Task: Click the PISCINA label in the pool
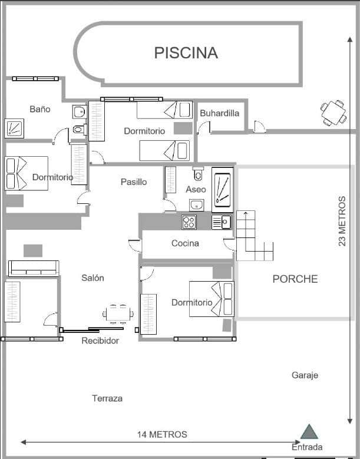186,52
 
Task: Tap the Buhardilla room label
219,113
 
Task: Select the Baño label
40,109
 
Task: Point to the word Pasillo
134,182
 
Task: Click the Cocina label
185,243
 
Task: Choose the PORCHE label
295,279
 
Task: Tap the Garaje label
305,375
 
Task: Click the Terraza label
107,399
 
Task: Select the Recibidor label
100,341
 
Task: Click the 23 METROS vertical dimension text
342,221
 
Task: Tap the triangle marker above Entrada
309,432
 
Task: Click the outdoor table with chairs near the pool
333,113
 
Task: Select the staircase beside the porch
253,236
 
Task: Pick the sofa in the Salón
34,268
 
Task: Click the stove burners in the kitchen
189,222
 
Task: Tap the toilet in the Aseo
198,174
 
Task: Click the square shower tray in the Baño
14,128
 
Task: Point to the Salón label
93,278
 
